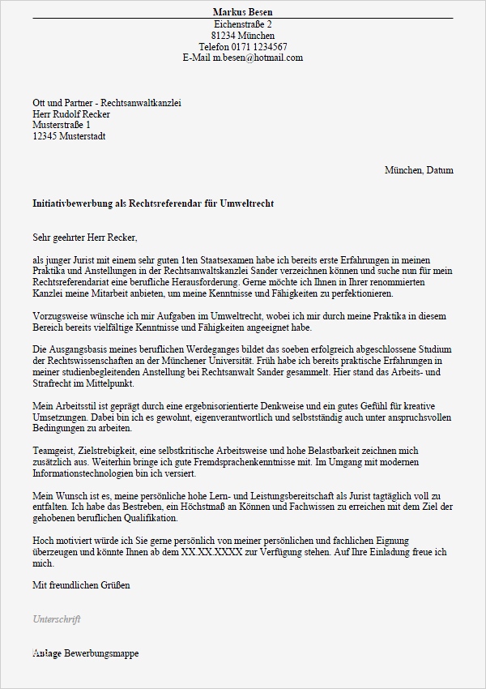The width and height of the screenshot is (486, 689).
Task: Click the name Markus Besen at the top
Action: (x=242, y=12)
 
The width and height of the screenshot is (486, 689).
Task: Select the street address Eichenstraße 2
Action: (x=242, y=24)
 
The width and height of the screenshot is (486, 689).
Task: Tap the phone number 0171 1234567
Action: (x=258, y=47)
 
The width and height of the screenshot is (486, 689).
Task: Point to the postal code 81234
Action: (x=224, y=36)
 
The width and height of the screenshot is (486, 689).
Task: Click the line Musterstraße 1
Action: (x=62, y=126)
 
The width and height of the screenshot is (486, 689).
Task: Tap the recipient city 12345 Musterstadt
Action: (x=69, y=137)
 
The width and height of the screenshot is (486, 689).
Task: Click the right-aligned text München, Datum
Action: (x=419, y=171)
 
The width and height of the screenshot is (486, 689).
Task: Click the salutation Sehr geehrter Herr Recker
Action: (x=85, y=238)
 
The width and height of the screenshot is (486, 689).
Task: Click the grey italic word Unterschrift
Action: (x=56, y=618)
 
